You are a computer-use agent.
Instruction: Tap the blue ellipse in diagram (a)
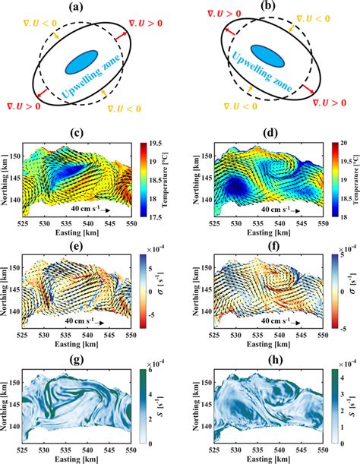pos(81,62)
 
